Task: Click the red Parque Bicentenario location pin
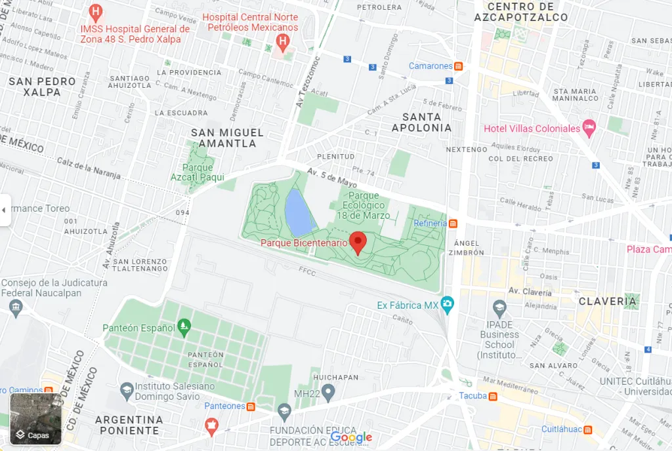click(x=358, y=242)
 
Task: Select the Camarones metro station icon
click(x=459, y=66)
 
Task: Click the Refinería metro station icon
click(x=453, y=224)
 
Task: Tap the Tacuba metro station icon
click(x=492, y=396)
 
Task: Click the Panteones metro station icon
click(x=251, y=406)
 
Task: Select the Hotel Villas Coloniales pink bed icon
click(x=589, y=128)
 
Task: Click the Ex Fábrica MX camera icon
click(x=448, y=303)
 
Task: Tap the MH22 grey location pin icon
click(x=328, y=392)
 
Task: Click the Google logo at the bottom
click(x=351, y=437)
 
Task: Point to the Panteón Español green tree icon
click(x=184, y=324)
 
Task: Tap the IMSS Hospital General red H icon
click(x=96, y=12)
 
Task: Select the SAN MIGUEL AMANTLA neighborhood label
click(x=227, y=138)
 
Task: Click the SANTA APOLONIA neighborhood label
click(x=421, y=123)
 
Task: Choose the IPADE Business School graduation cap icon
click(x=499, y=307)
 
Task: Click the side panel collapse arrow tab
click(x=5, y=210)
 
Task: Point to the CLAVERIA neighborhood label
click(x=607, y=302)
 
